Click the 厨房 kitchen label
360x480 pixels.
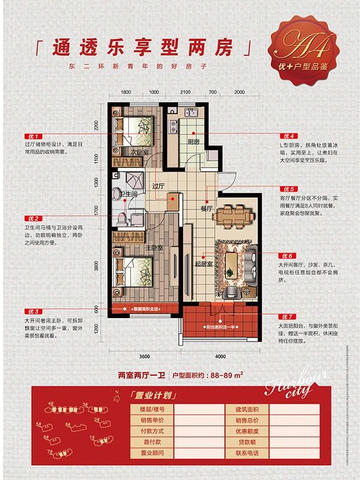[193, 142]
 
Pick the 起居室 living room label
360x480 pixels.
[204, 262]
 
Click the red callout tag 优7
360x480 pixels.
[287, 316]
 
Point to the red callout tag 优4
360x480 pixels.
[287, 136]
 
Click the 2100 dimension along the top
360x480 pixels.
[185, 92]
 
